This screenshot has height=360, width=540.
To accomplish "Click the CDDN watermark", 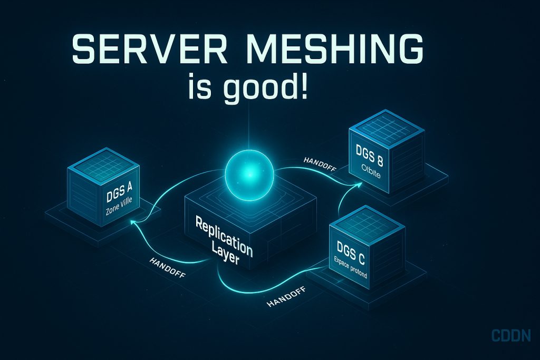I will pyautogui.click(x=510, y=335).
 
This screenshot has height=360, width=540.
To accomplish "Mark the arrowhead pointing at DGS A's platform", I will pyautogui.click(x=133, y=224).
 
